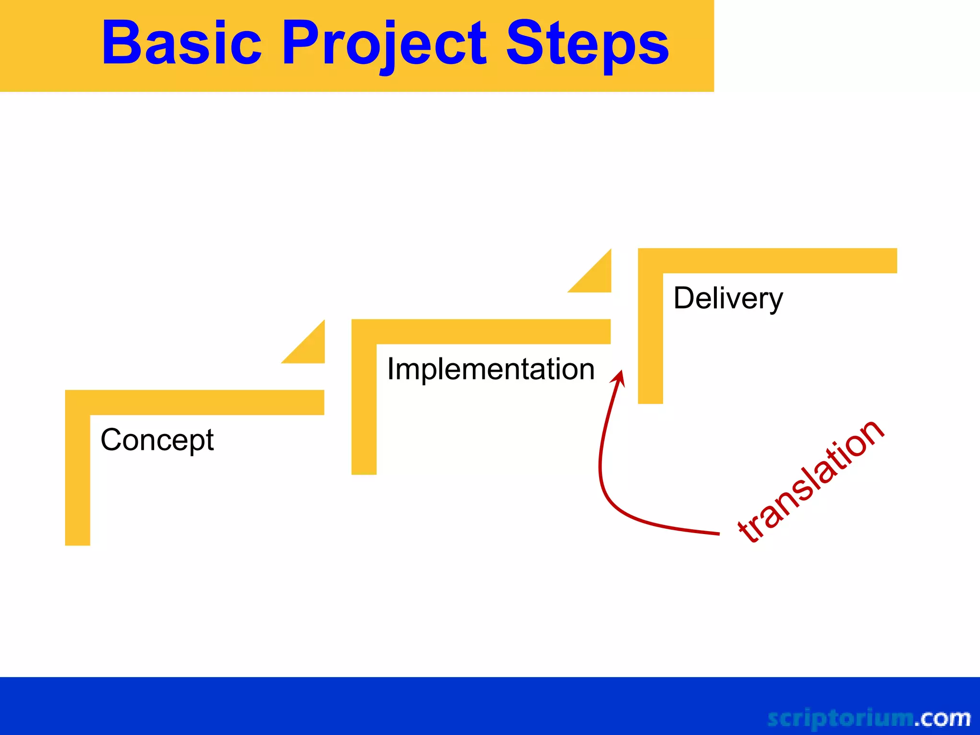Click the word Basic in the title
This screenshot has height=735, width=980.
tap(182, 43)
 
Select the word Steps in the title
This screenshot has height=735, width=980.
tap(587, 44)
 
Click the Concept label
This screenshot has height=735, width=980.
tap(157, 440)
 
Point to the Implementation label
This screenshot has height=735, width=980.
tap(490, 369)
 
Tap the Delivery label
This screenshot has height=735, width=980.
tap(728, 298)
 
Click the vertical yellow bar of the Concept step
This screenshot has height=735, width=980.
tap(78, 479)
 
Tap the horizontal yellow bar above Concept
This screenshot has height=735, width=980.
tap(206, 402)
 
